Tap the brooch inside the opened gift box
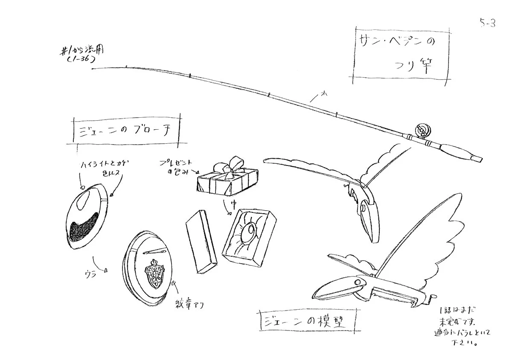248,233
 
